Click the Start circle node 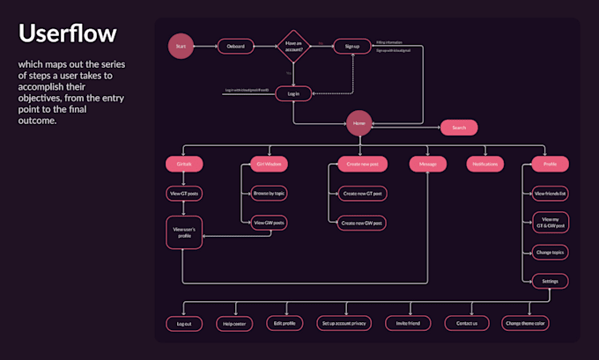(x=181, y=47)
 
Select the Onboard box (x=236, y=46)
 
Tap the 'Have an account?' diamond (x=292, y=47)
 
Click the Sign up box (x=351, y=46)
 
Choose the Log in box (x=293, y=93)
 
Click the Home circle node (x=359, y=124)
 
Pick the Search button (x=459, y=128)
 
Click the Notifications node (x=485, y=164)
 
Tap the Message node (x=427, y=164)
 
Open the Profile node (x=550, y=164)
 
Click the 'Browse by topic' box (x=270, y=193)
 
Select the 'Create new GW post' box (x=362, y=224)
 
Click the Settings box (x=550, y=282)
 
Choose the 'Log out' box (x=183, y=324)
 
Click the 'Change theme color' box (x=526, y=324)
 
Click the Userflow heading (x=68, y=35)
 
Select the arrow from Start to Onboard (x=204, y=46)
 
